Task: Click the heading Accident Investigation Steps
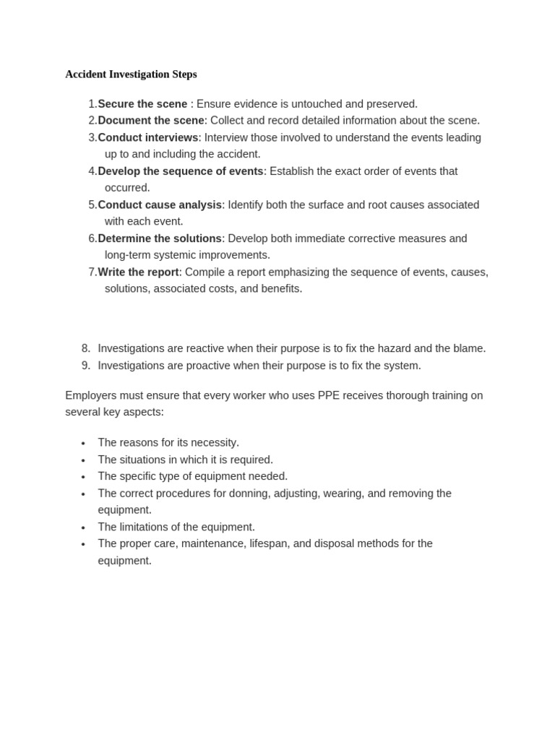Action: click(131, 74)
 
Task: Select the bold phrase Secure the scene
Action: click(142, 104)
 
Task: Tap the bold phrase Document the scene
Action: click(151, 121)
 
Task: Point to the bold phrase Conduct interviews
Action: click(148, 137)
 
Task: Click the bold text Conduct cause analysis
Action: click(160, 205)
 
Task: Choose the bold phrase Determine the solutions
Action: click(160, 238)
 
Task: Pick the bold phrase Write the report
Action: click(139, 272)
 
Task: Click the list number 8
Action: click(85, 348)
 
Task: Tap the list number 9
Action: click(85, 366)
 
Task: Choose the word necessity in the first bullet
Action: click(213, 442)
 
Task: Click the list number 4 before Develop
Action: click(92, 171)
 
